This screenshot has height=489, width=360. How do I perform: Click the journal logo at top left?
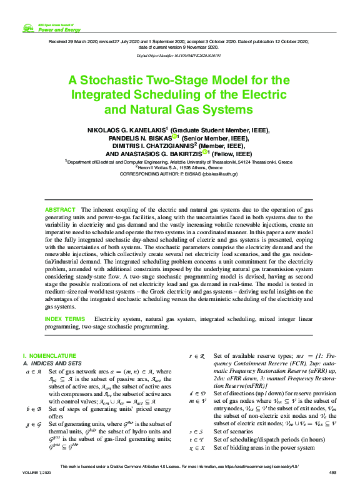28,27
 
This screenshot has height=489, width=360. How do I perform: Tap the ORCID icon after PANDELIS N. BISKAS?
176,137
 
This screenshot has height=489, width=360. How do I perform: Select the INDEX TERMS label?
65,319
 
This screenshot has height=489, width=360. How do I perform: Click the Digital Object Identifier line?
179,56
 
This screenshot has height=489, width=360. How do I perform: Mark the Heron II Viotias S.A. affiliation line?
178,167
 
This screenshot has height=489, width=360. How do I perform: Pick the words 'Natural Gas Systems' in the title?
192,110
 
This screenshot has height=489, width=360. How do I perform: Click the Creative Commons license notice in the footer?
179,467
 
